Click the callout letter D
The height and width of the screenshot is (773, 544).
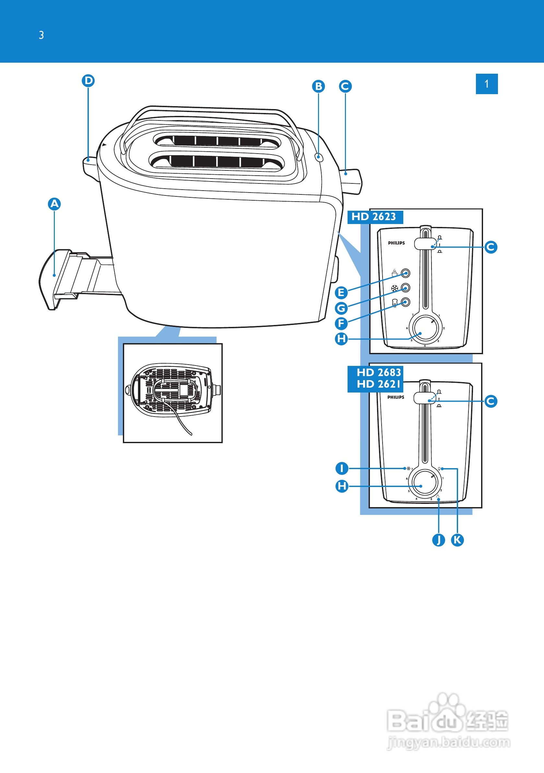pyautogui.click(x=89, y=81)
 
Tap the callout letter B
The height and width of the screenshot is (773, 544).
pyautogui.click(x=318, y=87)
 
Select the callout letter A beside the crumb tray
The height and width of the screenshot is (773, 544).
pyautogui.click(x=54, y=204)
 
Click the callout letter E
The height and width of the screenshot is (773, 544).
pyautogui.click(x=341, y=293)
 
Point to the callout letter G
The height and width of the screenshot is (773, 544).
pyautogui.click(x=341, y=308)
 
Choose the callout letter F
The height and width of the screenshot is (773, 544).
pyautogui.click(x=341, y=324)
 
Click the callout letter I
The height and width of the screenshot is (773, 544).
pyautogui.click(x=342, y=468)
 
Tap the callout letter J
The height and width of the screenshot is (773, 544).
pyautogui.click(x=438, y=540)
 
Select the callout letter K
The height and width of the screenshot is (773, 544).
pyautogui.click(x=457, y=540)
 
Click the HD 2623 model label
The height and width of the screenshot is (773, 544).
pyautogui.click(x=375, y=217)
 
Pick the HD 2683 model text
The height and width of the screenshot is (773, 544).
pyautogui.click(x=379, y=372)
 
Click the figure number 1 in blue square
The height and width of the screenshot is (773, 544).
pyautogui.click(x=487, y=84)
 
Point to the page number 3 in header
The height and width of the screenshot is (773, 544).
pyautogui.click(x=41, y=35)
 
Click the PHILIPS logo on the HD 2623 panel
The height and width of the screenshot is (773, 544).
pyautogui.click(x=396, y=243)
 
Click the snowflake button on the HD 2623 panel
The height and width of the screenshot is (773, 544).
pyautogui.click(x=406, y=288)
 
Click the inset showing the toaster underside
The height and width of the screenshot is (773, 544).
pyautogui.click(x=173, y=393)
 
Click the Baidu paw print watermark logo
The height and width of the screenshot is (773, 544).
pyautogui.click(x=446, y=714)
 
